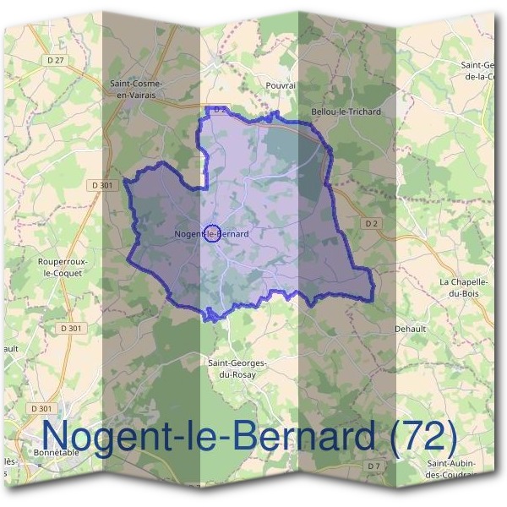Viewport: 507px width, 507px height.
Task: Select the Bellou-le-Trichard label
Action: pyautogui.click(x=346, y=112)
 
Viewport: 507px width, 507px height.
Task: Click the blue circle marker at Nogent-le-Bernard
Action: pyautogui.click(x=213, y=233)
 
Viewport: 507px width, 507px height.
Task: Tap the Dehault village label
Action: pyautogui.click(x=412, y=329)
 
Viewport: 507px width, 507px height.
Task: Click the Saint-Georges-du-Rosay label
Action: pyautogui.click(x=237, y=368)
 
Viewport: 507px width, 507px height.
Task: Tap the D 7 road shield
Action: pyautogui.click(x=374, y=466)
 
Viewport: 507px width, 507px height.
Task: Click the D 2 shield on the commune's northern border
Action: pyautogui.click(x=219, y=110)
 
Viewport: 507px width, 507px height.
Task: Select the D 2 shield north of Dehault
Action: pyautogui.click(x=370, y=224)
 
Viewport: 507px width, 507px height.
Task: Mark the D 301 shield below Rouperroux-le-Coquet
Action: pyautogui.click(x=72, y=328)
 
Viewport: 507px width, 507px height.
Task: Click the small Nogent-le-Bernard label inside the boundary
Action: pyautogui.click(x=211, y=233)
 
